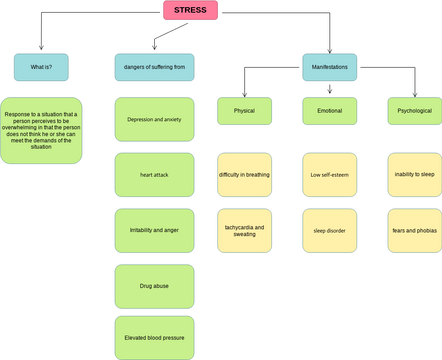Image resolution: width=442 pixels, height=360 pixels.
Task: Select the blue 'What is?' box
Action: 42,67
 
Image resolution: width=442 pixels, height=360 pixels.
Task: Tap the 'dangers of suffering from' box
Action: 154,67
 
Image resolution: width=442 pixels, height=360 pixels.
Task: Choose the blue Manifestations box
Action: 330,67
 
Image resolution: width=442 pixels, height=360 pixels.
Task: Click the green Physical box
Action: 245,111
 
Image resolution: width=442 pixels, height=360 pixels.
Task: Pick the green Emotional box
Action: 330,111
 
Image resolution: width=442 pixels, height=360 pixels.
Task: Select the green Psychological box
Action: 414,111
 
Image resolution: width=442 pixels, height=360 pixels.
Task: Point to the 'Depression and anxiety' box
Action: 154,118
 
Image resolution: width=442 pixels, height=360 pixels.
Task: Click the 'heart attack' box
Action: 154,174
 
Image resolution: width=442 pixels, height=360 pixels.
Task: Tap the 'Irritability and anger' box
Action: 154,230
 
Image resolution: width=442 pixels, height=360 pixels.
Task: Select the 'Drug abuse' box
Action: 154,285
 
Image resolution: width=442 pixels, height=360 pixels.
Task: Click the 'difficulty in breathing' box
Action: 245,174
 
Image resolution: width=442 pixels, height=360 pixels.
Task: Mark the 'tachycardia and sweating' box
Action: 245,230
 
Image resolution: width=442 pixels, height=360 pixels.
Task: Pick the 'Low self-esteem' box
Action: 330,174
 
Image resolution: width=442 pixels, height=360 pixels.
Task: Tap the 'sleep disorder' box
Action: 330,230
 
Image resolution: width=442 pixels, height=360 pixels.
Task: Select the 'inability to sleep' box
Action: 414,174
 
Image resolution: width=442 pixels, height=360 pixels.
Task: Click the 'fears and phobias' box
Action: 414,230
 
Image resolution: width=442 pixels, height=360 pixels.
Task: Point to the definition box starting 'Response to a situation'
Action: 42,130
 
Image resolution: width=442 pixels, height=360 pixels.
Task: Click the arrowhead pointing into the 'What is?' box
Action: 42,50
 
